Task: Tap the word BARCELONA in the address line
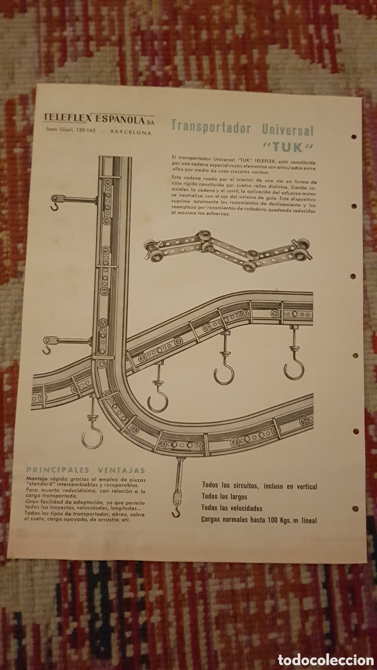click(131, 132)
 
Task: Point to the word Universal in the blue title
click(288, 129)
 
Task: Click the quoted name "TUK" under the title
click(287, 147)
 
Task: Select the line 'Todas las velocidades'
click(232, 508)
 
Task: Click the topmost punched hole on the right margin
click(354, 136)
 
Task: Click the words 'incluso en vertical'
click(290, 487)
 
